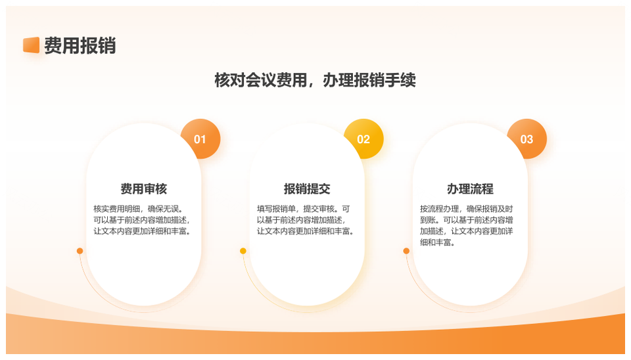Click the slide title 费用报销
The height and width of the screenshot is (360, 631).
point(80,45)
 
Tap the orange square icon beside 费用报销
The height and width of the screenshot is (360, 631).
point(31,45)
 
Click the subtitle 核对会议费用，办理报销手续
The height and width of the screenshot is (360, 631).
point(315,80)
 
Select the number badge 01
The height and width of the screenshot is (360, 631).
point(200,139)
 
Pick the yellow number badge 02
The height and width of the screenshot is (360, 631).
point(363,139)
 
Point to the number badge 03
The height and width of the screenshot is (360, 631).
point(526,139)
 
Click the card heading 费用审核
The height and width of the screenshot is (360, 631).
point(143,189)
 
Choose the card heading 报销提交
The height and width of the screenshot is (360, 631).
point(307,189)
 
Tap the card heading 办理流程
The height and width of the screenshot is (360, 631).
point(470,189)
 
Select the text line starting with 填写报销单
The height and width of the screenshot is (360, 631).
point(304,209)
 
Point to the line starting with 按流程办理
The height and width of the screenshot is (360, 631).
point(467,209)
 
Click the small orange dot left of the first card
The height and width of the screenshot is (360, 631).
point(80,251)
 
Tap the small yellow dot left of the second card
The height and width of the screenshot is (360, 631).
point(243,251)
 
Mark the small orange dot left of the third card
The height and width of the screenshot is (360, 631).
point(406,251)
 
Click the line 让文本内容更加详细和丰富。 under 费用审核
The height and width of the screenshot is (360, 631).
point(143,231)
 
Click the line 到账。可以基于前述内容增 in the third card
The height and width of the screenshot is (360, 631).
point(467,220)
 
